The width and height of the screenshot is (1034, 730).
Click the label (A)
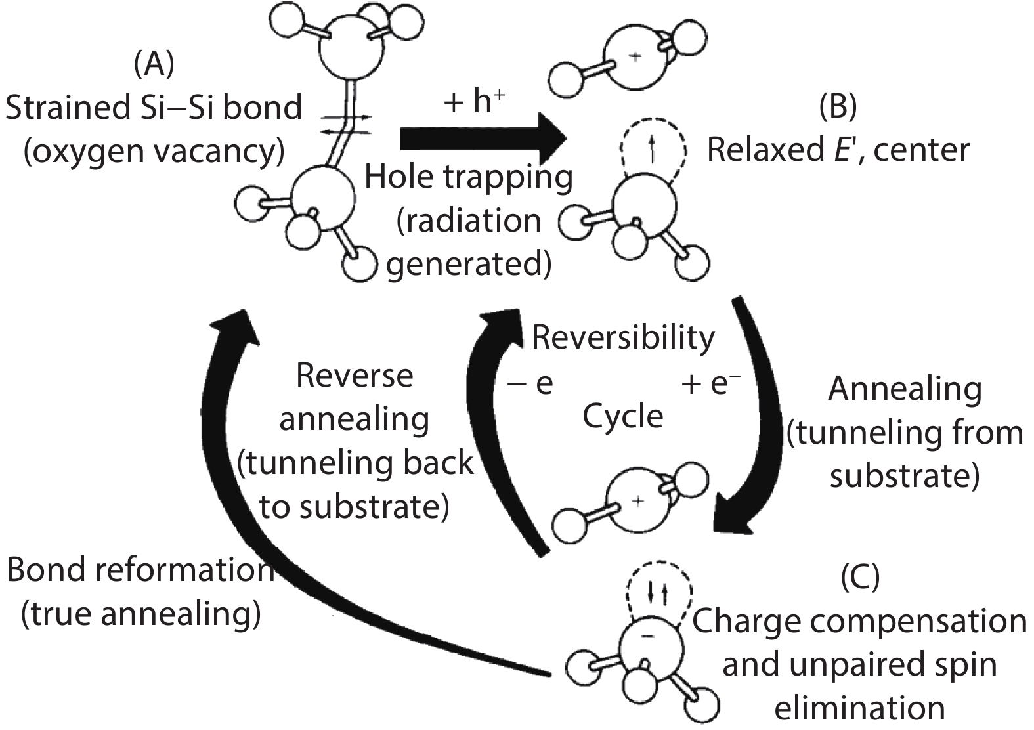click(x=154, y=64)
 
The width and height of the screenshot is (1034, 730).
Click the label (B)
click(x=838, y=107)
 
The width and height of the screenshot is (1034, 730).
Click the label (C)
click(x=860, y=578)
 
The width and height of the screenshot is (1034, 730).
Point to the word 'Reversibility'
click(x=623, y=337)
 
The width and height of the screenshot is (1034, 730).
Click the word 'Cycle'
click(x=623, y=416)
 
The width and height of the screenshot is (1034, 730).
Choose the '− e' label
click(x=530, y=384)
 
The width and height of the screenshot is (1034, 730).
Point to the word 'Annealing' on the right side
click(x=905, y=390)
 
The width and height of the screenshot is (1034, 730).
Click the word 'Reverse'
click(x=355, y=376)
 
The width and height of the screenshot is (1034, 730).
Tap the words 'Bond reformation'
click(x=140, y=570)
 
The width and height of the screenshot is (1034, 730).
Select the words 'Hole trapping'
click(x=468, y=177)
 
